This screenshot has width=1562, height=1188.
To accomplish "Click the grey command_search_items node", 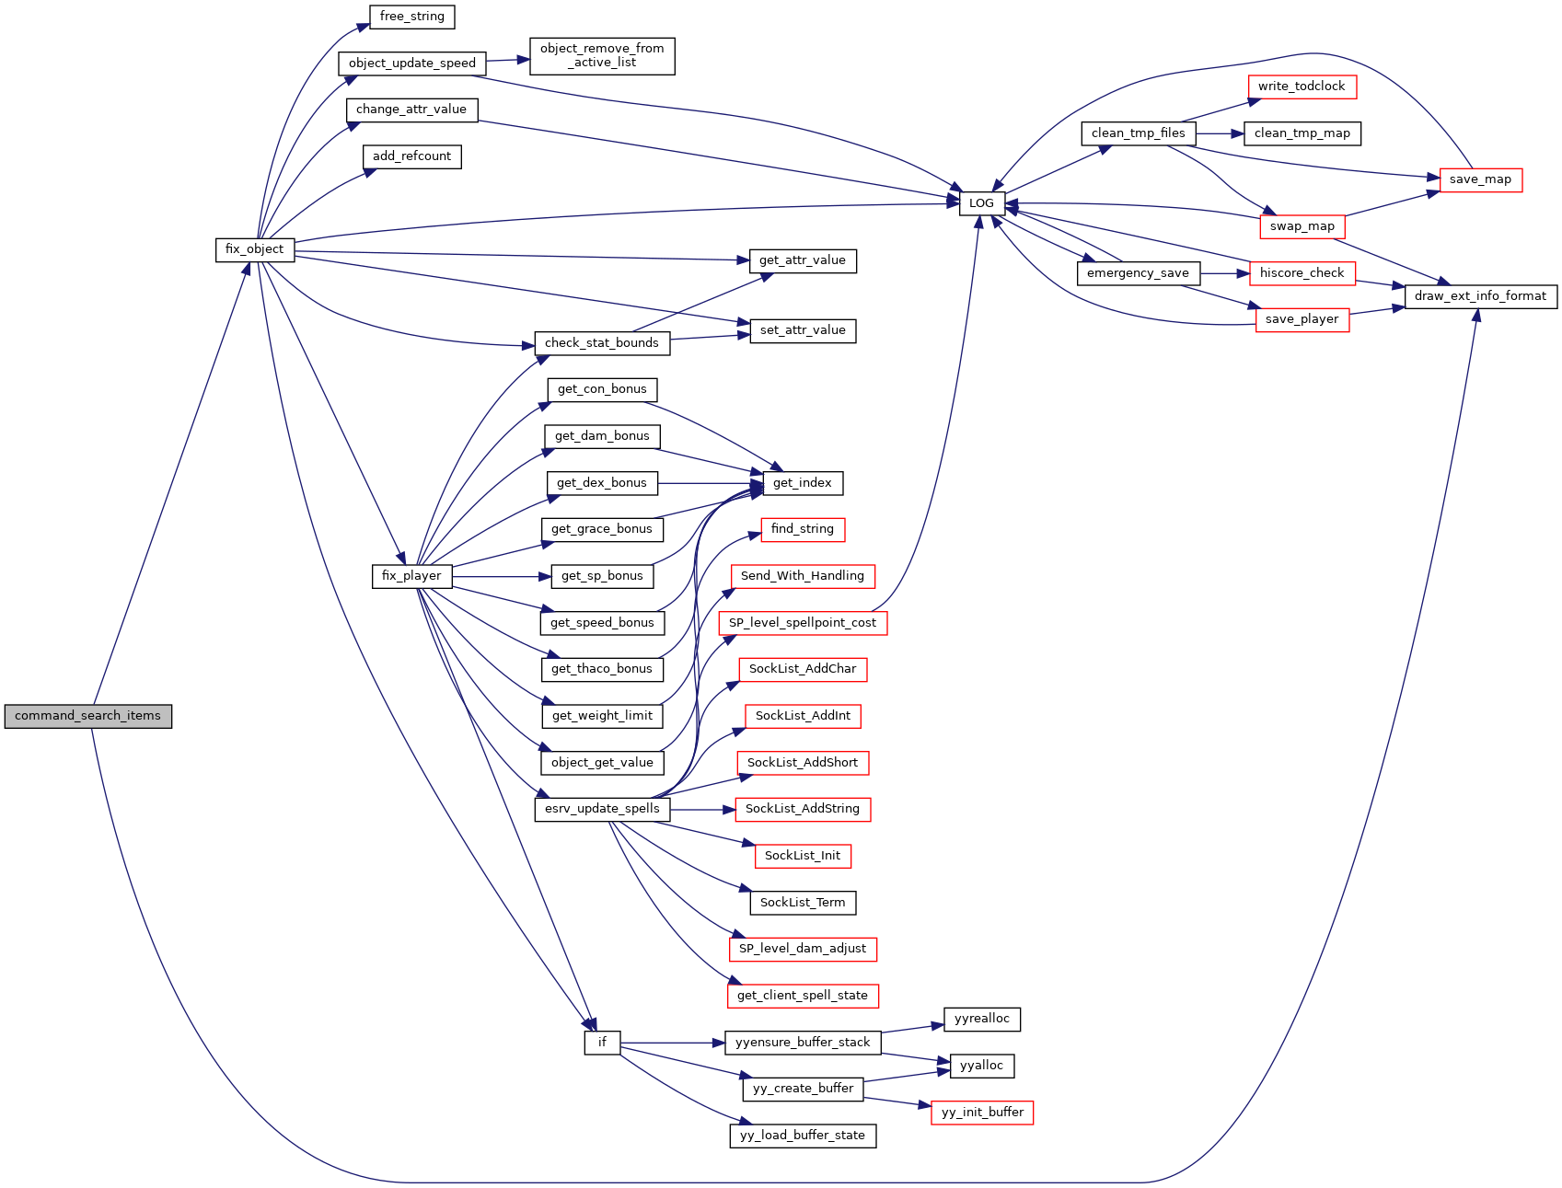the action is [88, 716].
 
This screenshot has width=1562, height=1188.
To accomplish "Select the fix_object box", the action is [255, 249].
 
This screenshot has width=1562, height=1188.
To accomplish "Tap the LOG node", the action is [981, 203].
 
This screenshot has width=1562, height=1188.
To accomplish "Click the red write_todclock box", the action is [1302, 87].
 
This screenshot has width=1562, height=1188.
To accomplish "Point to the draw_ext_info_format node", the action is [1480, 296].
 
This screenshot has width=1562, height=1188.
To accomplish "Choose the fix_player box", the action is [411, 576].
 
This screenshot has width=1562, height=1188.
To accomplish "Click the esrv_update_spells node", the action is [602, 809].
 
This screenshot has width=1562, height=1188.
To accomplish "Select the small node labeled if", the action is [602, 1043].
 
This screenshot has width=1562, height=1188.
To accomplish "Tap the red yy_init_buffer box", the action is [982, 1113].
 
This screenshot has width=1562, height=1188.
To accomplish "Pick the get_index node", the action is [803, 483].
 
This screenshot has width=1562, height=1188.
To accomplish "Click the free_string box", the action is [411, 17].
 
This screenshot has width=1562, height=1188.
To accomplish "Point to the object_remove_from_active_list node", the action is [602, 56].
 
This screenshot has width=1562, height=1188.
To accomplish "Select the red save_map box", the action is [1480, 179].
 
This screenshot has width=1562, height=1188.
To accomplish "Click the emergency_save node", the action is [1138, 273].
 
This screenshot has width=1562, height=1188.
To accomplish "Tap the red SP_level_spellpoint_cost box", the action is [803, 623].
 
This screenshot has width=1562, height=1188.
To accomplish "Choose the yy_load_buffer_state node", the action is [803, 1136].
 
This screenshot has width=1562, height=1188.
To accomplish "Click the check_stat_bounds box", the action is [602, 343].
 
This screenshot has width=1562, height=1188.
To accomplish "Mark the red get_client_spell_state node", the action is [803, 996].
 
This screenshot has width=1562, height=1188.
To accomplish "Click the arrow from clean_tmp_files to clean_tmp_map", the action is [1220, 133].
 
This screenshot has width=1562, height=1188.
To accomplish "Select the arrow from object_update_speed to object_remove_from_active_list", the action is [508, 61].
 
